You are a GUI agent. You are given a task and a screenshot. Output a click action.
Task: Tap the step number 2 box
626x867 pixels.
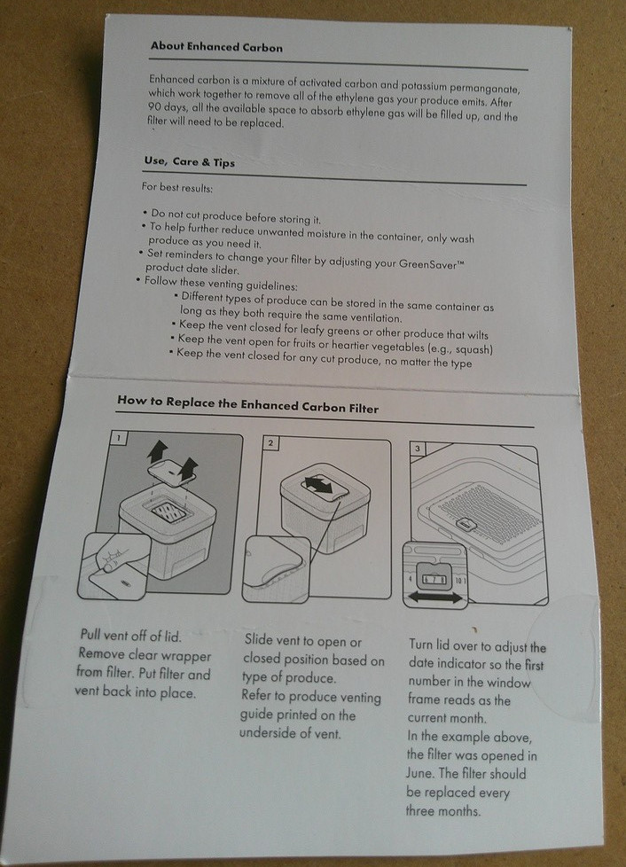pyautogui.click(x=270, y=443)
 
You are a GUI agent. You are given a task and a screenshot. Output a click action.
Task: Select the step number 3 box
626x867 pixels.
pyautogui.click(x=418, y=449)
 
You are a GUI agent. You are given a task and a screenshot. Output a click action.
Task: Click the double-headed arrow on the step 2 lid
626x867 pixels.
pyautogui.click(x=317, y=486)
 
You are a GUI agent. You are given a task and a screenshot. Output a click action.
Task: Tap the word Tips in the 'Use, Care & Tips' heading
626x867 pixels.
pyautogui.click(x=224, y=162)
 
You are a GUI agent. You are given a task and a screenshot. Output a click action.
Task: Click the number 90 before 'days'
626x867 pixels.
pyautogui.click(x=154, y=106)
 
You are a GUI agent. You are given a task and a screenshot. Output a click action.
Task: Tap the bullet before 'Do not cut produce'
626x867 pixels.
pyautogui.click(x=145, y=213)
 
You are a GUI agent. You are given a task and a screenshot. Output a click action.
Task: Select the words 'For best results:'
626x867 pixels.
pyautogui.click(x=177, y=187)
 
